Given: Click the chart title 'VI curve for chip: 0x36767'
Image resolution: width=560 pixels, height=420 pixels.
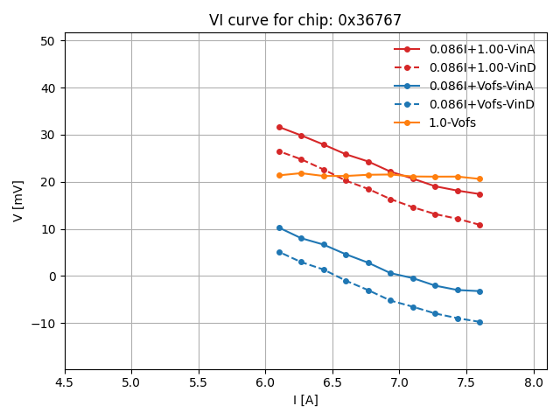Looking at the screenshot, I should [305, 20].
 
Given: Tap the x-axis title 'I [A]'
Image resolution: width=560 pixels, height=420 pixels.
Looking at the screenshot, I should [305, 400].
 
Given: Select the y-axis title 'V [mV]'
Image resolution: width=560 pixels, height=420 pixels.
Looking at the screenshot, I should [18, 201].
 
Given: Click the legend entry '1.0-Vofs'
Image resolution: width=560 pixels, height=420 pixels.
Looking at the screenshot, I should [452, 122].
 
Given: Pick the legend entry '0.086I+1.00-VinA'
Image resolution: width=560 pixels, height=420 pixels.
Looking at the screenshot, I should [481, 49].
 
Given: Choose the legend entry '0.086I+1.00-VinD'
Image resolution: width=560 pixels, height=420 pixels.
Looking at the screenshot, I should [481, 67].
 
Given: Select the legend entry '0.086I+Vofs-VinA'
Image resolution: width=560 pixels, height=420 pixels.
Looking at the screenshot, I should [481, 86].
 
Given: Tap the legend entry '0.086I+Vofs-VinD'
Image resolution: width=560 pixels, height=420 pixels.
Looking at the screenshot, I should [481, 104].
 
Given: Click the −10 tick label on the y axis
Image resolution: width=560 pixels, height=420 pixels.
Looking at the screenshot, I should [44, 324].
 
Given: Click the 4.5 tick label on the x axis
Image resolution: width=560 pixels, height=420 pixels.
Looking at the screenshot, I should [65, 382].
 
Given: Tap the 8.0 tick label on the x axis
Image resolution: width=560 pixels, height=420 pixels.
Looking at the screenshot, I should [534, 382].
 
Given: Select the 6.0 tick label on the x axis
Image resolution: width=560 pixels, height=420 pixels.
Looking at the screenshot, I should [266, 382].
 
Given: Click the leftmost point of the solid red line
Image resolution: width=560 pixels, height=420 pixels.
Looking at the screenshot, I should [279, 127].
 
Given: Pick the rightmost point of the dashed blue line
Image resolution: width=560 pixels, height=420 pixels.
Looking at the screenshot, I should [479, 322].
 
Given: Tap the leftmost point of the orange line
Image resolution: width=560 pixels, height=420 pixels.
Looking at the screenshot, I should [279, 175].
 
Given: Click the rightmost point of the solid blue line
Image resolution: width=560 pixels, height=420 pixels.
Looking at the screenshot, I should [479, 291].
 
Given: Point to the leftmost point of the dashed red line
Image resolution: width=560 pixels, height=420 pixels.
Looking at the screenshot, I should [279, 151].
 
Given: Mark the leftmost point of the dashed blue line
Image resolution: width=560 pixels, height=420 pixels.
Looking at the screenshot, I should [279, 252].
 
